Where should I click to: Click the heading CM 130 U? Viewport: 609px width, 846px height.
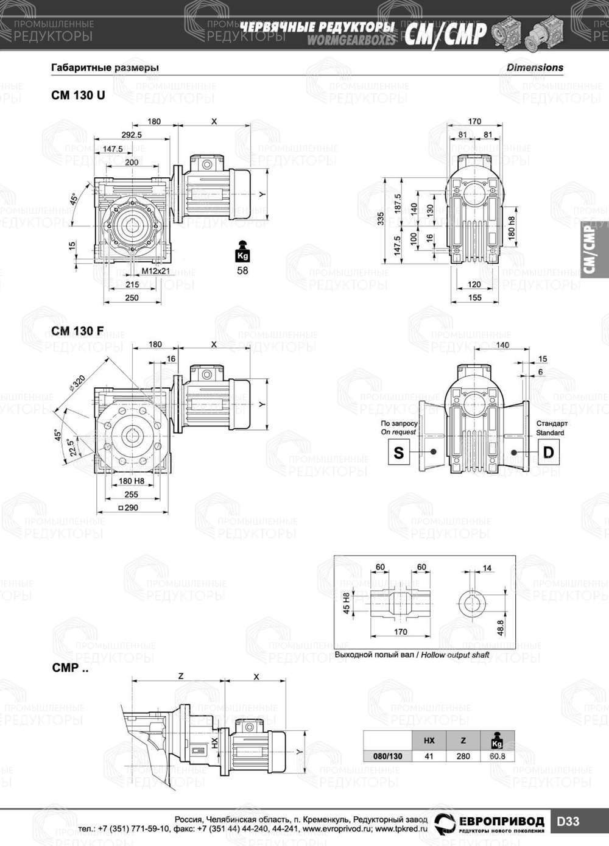pyautogui.click(x=78, y=95)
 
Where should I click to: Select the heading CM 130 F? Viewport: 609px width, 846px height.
pyautogui.click(x=77, y=331)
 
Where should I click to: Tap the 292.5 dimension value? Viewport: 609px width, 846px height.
pyautogui.click(x=131, y=135)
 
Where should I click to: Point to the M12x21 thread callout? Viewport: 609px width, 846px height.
pyautogui.click(x=156, y=271)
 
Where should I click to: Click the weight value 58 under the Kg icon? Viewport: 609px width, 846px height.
pyautogui.click(x=242, y=270)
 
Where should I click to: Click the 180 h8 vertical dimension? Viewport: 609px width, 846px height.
pyautogui.click(x=512, y=228)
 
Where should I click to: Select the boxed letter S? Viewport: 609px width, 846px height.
pyautogui.click(x=399, y=452)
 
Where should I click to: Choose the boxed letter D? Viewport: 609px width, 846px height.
pyautogui.click(x=548, y=452)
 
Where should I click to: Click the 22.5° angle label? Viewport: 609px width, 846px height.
pyautogui.click(x=71, y=448)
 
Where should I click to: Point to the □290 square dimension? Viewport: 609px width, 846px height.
pyautogui.click(x=128, y=507)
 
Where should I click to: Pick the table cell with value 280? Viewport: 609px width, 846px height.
pyautogui.click(x=463, y=756)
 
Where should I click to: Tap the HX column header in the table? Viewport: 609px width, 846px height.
pyautogui.click(x=429, y=741)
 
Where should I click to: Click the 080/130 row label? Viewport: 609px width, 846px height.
pyautogui.click(x=387, y=756)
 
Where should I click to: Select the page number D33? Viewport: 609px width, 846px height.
pyautogui.click(x=568, y=822)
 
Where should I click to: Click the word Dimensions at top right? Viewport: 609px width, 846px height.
pyautogui.click(x=535, y=68)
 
